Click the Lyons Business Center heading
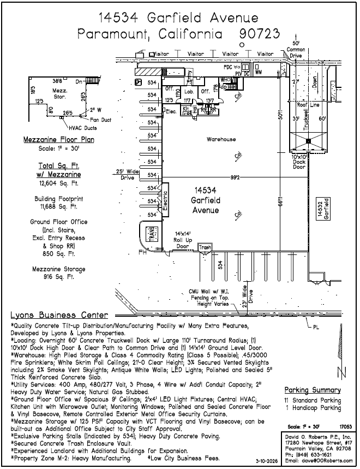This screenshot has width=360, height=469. tap(59, 316)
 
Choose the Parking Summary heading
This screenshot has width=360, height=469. tap(313, 390)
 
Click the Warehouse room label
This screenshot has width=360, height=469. tap(221, 139)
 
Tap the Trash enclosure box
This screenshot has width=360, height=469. tap(205, 247)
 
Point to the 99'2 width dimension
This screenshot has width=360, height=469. tap(236, 177)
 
